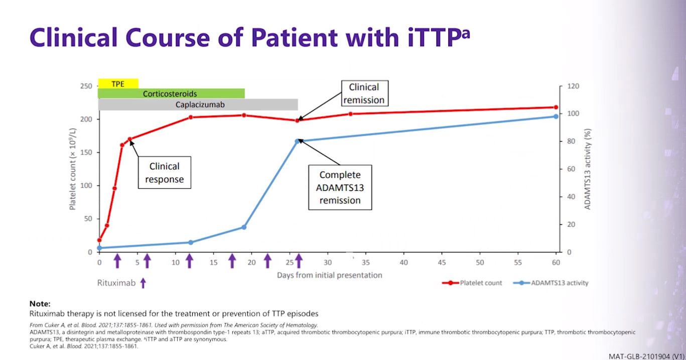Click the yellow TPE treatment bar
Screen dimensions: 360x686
[x=117, y=84]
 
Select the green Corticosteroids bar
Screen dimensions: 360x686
[x=171, y=94]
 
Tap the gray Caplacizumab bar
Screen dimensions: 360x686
[x=198, y=104]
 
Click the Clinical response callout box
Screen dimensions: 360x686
[x=164, y=173]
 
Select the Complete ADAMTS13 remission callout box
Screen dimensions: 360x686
[x=340, y=187]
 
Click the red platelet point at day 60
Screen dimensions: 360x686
[x=556, y=107]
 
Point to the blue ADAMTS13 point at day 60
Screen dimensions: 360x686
[x=556, y=116]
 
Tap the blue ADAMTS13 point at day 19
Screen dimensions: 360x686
[x=244, y=227]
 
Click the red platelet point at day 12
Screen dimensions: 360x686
[x=191, y=117]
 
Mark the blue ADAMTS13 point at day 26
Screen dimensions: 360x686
[x=297, y=141]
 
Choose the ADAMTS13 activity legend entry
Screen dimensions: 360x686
[x=551, y=283]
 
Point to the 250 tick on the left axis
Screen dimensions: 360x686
[x=86, y=86]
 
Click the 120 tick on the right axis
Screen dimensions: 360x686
[x=573, y=86]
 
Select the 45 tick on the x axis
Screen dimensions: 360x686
[x=442, y=263]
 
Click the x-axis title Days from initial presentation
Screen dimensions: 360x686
[x=329, y=275]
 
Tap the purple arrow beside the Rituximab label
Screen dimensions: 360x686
[x=143, y=283]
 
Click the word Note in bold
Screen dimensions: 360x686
[x=40, y=304]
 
